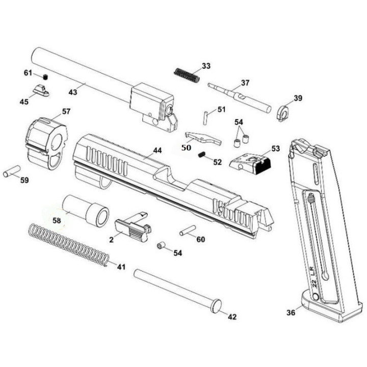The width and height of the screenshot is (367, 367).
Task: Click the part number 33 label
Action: pos(206,66)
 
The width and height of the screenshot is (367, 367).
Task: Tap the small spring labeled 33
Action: pos(187,75)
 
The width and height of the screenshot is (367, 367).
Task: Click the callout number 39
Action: pos(298,98)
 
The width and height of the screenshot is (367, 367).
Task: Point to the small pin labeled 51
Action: pos(205,118)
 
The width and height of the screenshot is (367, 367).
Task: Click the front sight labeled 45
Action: pos(41,91)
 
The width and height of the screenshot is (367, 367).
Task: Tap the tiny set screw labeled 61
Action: pos(46,76)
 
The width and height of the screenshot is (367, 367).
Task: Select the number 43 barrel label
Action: pos(72,92)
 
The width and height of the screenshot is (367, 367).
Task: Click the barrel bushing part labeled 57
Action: pos(46,143)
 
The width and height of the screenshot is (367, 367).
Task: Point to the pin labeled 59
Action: pos(12,171)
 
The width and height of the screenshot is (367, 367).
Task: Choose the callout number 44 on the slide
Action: pos(158,150)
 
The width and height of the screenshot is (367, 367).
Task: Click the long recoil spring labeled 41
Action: pos(69,245)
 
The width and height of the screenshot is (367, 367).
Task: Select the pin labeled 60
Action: pos(188,230)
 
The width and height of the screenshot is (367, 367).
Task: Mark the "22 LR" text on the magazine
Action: pos(313,277)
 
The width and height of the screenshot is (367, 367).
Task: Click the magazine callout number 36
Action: pos(291,312)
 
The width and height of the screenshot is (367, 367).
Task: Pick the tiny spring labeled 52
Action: pos(202,154)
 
